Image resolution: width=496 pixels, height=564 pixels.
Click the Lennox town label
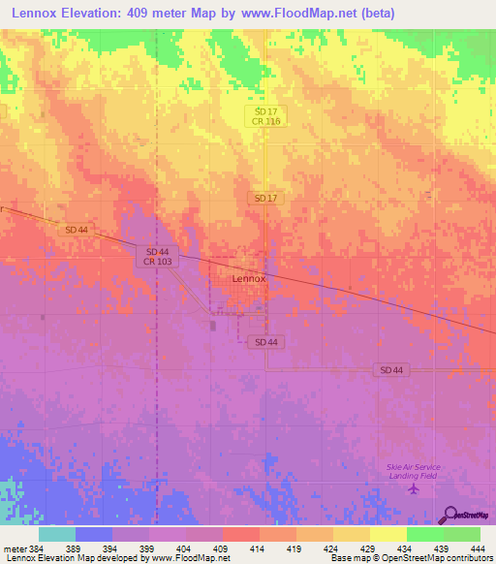[249, 278]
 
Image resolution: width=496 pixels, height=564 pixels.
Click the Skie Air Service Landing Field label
[414, 470]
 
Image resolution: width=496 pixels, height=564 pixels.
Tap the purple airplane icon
[415, 487]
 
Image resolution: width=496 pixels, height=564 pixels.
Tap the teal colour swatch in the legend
[57, 534]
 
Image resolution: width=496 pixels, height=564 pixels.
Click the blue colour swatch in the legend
[94, 534]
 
